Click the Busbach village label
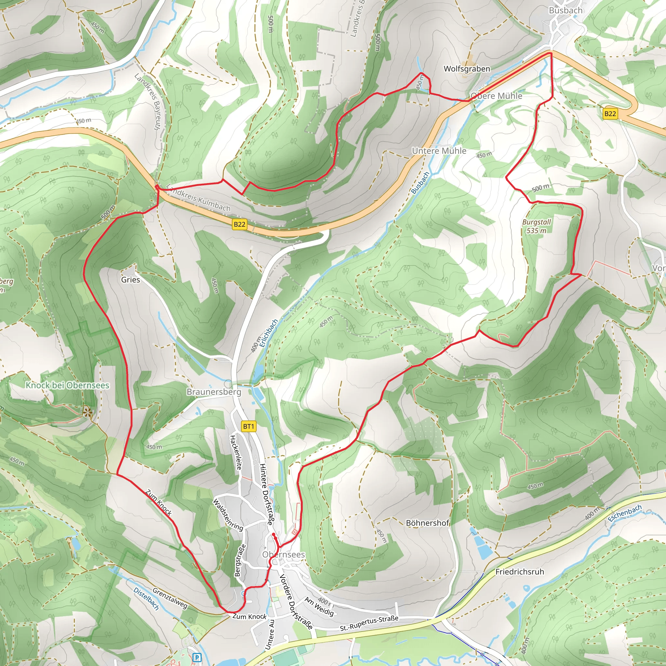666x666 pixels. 565,11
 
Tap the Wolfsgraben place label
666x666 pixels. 467,69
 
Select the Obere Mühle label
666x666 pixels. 496,96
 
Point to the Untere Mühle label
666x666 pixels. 439,151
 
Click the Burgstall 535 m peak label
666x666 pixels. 536,226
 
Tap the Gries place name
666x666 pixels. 130,280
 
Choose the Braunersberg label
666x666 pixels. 214,392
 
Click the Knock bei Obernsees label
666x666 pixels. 68,385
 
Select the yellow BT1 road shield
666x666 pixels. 248,426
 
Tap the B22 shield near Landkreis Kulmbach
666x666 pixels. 239,225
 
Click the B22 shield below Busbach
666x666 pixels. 610,114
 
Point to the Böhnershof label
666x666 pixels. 427,523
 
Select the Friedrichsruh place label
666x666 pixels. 519,572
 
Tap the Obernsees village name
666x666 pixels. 283,554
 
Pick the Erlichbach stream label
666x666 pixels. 269,333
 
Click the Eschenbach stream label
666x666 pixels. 624,513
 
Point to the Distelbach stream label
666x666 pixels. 146,599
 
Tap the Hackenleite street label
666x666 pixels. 236,453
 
